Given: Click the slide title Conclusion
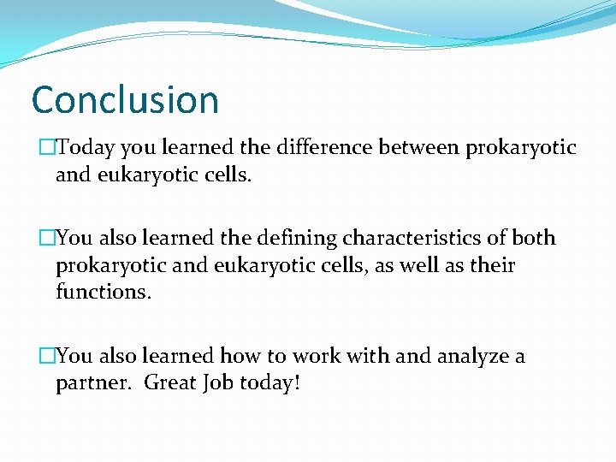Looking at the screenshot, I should (125, 99).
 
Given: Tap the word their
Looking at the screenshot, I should (492, 265).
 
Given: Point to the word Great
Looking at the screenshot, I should (171, 383).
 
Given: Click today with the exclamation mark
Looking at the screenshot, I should (272, 383).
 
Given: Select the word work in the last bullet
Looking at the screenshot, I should (313, 356).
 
